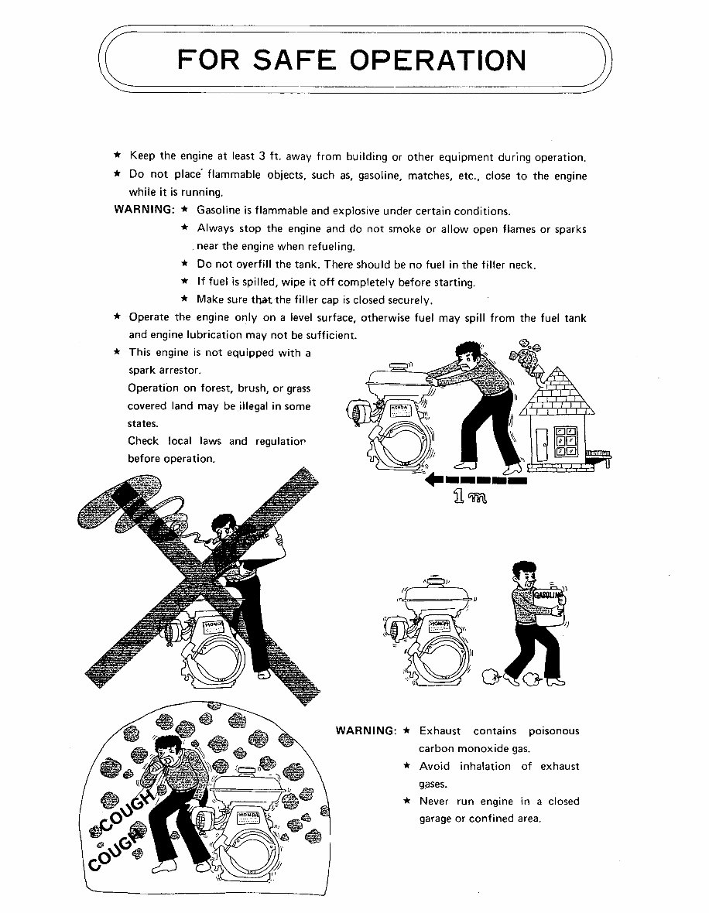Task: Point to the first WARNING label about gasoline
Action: (x=143, y=210)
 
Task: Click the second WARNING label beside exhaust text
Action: (x=365, y=731)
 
